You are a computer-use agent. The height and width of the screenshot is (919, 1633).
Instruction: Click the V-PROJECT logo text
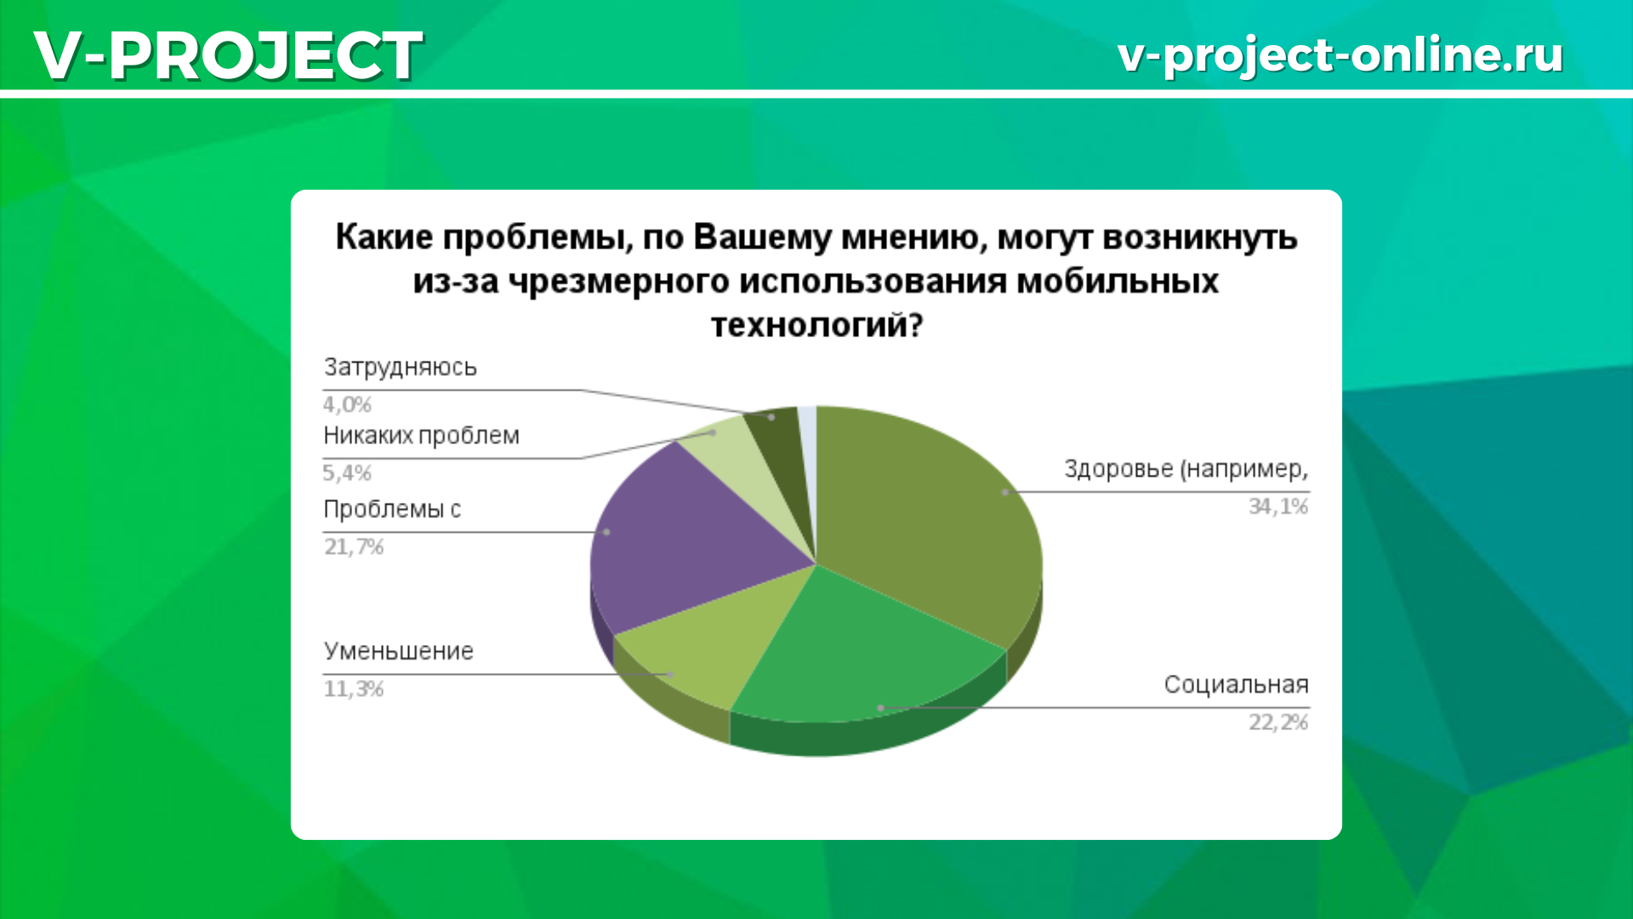pos(228,55)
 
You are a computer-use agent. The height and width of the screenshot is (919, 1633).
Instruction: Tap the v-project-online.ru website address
pos(1340,55)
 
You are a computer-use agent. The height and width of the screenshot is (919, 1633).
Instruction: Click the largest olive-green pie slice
pos(927,519)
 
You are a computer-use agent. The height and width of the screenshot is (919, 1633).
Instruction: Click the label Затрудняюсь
pos(400,368)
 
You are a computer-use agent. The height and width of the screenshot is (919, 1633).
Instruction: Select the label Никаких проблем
pos(421,436)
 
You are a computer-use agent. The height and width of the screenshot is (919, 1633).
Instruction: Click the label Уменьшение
pos(398,651)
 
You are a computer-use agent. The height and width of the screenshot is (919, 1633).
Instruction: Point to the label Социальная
pos(1236,684)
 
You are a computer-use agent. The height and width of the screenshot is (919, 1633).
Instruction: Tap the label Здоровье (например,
pos(1186,469)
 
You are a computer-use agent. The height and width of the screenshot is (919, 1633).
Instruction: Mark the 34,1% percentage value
pos(1278,506)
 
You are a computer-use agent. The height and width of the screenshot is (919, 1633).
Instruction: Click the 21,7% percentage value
pos(354,546)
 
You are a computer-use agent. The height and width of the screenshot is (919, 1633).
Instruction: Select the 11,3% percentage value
pos(354,688)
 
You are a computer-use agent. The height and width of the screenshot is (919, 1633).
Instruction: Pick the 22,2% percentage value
pos(1278,722)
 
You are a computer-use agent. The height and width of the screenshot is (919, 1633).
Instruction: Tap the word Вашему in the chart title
pos(762,237)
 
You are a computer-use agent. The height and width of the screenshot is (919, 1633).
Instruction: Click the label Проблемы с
pos(392,509)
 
